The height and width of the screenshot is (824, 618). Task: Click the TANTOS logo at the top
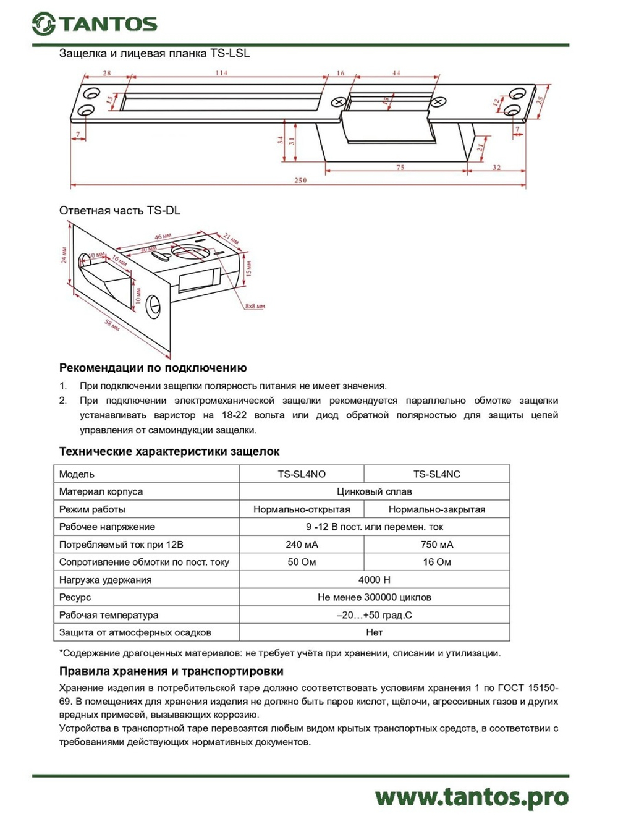coord(95,24)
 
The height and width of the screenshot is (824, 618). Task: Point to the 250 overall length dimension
coord(300,181)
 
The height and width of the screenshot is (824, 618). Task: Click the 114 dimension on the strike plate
coord(221,73)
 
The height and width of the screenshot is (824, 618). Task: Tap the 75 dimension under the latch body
coord(400,168)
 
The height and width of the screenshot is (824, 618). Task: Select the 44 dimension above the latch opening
coord(396,73)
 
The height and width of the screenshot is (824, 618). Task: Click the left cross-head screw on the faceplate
coord(339,101)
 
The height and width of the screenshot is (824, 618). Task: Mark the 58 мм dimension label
coord(112,325)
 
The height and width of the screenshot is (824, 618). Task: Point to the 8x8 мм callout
coord(255,306)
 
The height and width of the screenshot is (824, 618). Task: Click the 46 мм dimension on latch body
coord(163,237)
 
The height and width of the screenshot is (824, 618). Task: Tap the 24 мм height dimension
coord(65,255)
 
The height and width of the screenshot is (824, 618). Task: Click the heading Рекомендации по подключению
coord(153,368)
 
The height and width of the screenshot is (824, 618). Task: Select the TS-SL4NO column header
coord(302,474)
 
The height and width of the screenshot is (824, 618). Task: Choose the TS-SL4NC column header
coord(436,474)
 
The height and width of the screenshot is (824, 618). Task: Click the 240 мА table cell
coord(302,545)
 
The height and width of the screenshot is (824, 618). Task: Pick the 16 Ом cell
coord(436,562)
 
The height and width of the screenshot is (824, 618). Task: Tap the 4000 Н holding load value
coord(374,580)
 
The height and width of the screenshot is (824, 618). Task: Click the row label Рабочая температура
coord(109,615)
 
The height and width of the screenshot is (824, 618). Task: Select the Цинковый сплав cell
coord(374,491)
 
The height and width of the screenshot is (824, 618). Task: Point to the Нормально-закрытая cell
coord(436,509)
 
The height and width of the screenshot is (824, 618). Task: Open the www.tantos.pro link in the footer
coord(471,797)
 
